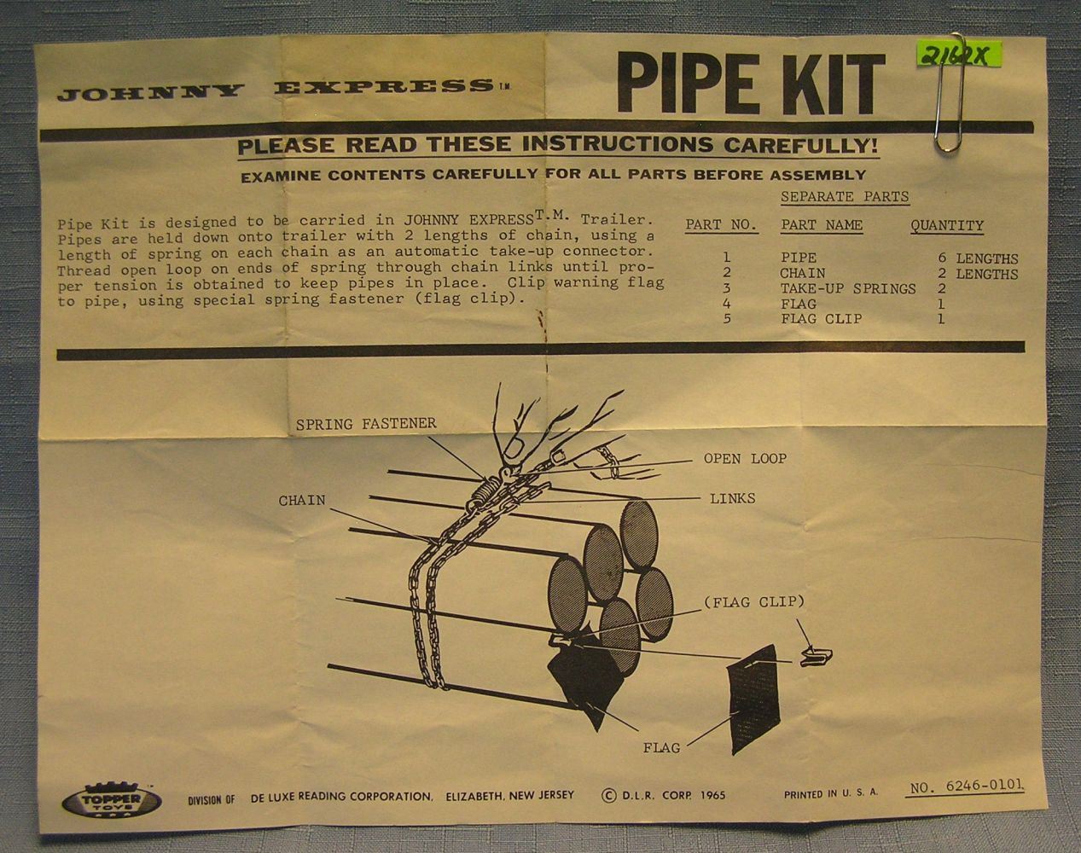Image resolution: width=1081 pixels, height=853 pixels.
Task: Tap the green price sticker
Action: coord(958,55)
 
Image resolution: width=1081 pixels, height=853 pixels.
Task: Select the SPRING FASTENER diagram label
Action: coord(366,424)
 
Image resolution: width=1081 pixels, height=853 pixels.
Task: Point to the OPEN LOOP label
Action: coord(745,458)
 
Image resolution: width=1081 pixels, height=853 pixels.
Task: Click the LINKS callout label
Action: coord(732,498)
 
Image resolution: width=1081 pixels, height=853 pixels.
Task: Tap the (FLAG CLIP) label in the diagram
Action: coord(754,602)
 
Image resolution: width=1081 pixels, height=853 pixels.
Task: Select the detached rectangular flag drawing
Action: coord(753,699)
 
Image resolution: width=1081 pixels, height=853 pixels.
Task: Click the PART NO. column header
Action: coord(721,225)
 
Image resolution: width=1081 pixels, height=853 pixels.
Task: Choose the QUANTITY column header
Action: coord(947,225)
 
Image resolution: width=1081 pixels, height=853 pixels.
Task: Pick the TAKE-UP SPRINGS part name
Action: coord(848,289)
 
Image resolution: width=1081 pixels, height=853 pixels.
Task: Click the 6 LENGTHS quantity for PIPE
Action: coord(978,258)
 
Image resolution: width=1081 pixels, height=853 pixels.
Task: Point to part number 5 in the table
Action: coord(727,318)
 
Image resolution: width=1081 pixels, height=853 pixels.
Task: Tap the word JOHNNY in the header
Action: coord(151,92)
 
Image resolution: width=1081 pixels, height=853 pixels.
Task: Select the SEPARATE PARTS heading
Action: coord(845,196)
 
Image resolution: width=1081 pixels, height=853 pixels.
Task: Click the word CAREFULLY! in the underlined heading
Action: coord(801,146)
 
